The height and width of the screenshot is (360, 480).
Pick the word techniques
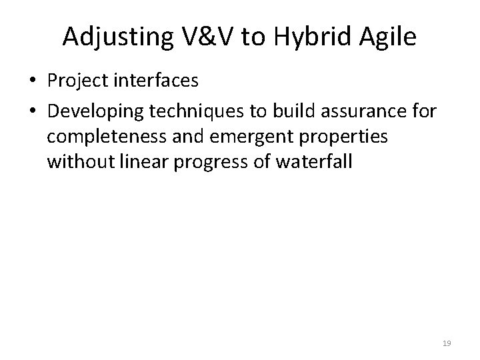pyautogui.click(x=178, y=111)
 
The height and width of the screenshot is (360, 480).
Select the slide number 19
pyautogui.click(x=447, y=343)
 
